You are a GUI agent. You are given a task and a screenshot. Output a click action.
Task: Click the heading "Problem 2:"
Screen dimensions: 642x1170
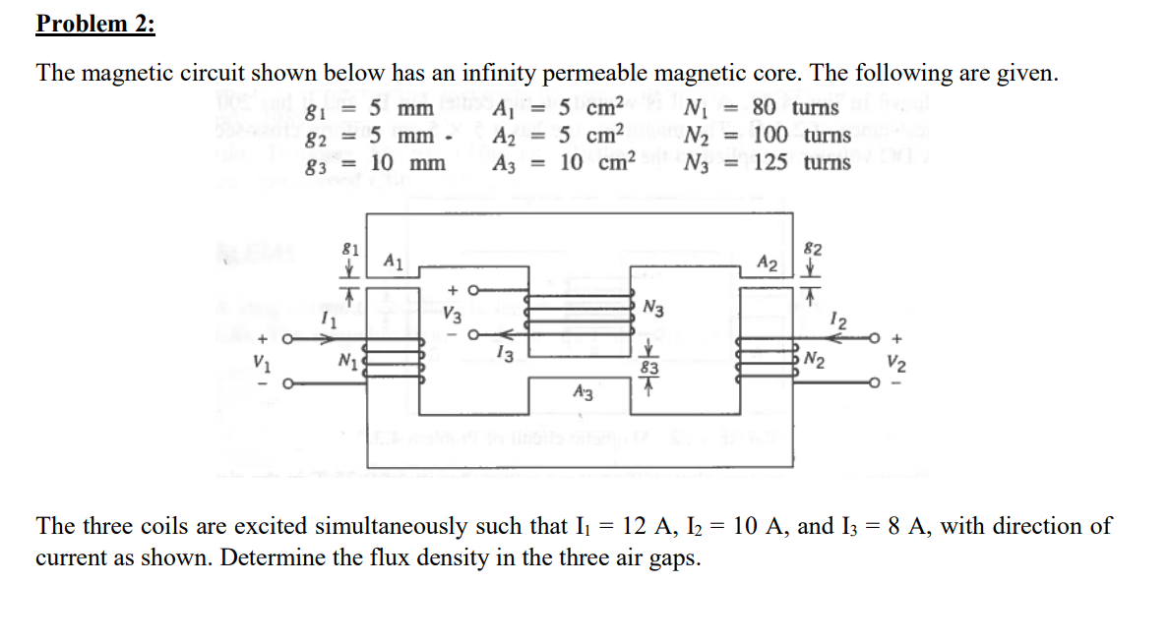coord(95,24)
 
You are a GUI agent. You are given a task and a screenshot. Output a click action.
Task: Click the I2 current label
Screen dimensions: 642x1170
coord(836,318)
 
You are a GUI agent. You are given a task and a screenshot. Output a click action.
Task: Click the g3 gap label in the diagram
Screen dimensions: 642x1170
coord(648,369)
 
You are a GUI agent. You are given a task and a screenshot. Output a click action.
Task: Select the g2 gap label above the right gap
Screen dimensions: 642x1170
coord(813,247)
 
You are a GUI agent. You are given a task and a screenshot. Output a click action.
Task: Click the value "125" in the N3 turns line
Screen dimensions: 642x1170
coord(772,162)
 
